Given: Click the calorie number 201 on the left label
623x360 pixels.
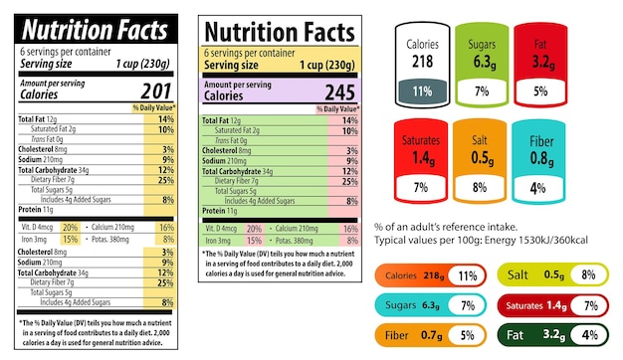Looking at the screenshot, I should pos(154,91).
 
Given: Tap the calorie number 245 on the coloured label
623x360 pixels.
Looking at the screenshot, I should pos(337,91).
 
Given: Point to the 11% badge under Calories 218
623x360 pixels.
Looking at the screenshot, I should pos(421,91).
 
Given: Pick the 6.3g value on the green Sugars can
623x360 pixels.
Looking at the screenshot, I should pos(484,62).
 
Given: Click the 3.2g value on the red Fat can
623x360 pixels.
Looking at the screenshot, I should pos(542,62).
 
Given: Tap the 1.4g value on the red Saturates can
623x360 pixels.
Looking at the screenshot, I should pos(421,157).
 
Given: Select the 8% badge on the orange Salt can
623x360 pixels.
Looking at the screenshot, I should pos(480,187).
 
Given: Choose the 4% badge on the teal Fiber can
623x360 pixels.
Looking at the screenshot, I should pos(537,187).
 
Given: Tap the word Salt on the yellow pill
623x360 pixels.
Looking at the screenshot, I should pos(519,274).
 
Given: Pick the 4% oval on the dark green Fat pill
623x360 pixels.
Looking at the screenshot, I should pos(590,335).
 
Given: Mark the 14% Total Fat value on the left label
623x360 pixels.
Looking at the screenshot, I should pos(166,119).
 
